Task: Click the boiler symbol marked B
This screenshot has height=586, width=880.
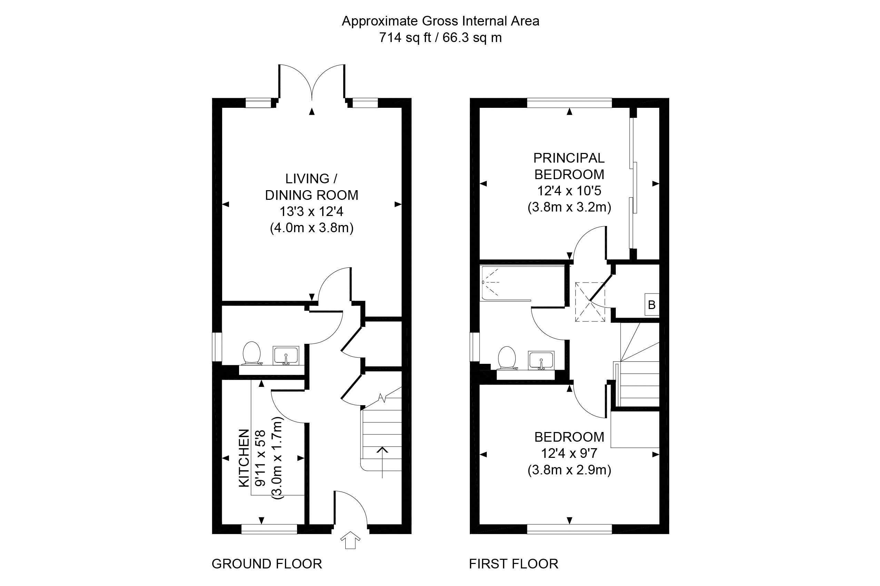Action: pyautogui.click(x=651, y=305)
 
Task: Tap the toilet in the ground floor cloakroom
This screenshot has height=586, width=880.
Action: pyautogui.click(x=251, y=353)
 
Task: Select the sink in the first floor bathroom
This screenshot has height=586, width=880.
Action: pyautogui.click(x=541, y=361)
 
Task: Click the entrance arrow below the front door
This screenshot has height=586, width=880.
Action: pyautogui.click(x=350, y=541)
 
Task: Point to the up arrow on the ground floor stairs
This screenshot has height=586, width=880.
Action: pyautogui.click(x=382, y=462)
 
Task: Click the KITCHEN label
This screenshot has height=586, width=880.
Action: pyautogui.click(x=244, y=458)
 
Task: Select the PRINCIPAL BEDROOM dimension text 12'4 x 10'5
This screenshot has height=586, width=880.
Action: pyautogui.click(x=569, y=191)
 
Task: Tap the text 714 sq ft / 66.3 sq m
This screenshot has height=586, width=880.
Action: pyautogui.click(x=440, y=38)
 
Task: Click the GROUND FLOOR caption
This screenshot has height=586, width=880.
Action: pyautogui.click(x=267, y=564)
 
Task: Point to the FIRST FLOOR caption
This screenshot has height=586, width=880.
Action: pyautogui.click(x=513, y=564)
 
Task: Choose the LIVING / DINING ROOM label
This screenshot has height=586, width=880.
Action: pyautogui.click(x=311, y=187)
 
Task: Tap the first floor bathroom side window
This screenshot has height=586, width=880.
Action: pyautogui.click(x=474, y=347)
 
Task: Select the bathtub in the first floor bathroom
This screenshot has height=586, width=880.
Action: pyautogui.click(x=523, y=283)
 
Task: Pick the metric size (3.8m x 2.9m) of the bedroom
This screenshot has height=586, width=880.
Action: pyautogui.click(x=569, y=470)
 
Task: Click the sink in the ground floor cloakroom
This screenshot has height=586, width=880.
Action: pyautogui.click(x=286, y=356)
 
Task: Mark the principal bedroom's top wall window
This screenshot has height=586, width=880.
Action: pyautogui.click(x=569, y=103)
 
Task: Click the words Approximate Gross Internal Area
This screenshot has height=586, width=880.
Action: pyautogui.click(x=440, y=21)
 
